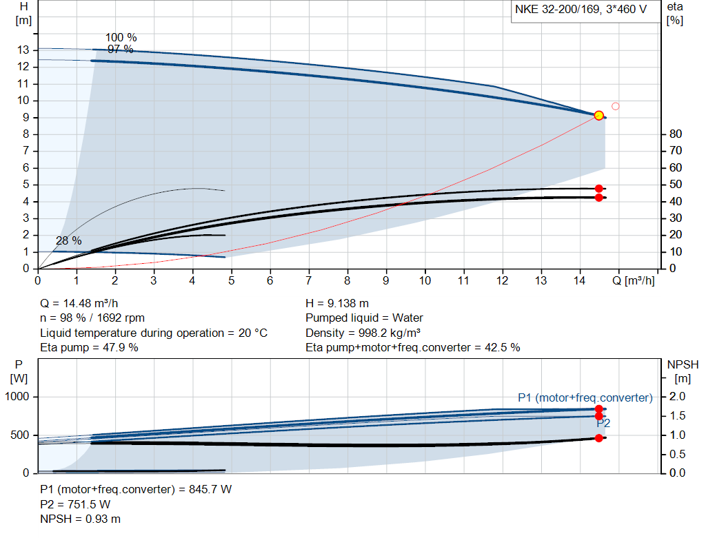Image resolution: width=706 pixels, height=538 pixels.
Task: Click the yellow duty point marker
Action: coord(598,115)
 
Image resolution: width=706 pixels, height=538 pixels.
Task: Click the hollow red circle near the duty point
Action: coord(616,106)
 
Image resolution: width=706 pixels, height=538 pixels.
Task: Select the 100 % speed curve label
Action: coord(121,37)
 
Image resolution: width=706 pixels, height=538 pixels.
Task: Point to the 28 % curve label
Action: coord(69,240)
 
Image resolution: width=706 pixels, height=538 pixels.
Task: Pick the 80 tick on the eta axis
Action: coord(675,134)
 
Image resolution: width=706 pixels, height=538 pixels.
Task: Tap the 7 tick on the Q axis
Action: coord(309,280)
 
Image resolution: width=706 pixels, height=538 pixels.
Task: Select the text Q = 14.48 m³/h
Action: coord(84,303)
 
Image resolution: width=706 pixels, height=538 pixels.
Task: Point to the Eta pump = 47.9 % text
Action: coord(89,347)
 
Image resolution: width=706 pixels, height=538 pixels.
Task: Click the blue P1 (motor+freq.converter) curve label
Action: coord(585,397)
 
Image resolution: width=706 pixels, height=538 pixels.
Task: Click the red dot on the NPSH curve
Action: coord(598,438)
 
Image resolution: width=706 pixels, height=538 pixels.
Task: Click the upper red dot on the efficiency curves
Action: coord(598,189)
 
